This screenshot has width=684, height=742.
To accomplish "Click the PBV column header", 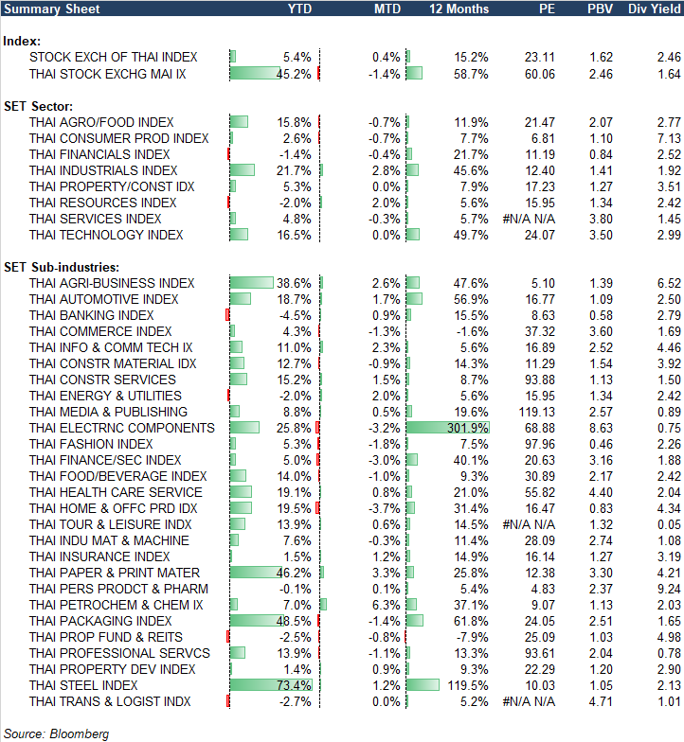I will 599,9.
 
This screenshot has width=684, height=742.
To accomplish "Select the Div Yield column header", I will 653,9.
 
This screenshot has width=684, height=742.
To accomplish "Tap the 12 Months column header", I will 459,9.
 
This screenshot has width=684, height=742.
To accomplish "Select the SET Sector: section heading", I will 41,106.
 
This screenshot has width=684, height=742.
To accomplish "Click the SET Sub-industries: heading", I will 59,267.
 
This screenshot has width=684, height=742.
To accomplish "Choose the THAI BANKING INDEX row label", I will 91,315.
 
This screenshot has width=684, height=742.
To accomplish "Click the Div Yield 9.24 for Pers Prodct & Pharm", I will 667,589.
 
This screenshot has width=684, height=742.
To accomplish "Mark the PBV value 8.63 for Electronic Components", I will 600,428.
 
